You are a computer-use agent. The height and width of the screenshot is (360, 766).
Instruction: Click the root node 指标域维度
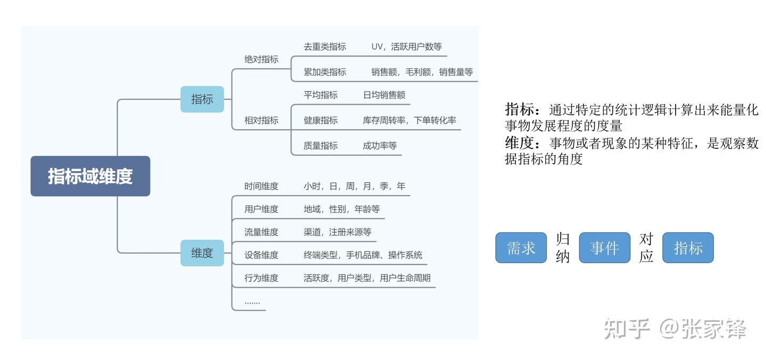(90, 176)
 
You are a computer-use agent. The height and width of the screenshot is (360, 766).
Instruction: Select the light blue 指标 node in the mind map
(202, 99)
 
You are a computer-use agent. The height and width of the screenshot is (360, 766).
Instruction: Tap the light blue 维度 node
(202, 253)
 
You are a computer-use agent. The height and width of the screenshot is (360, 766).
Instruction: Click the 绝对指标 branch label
(261, 60)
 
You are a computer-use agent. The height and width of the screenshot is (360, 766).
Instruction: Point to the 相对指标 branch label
(261, 120)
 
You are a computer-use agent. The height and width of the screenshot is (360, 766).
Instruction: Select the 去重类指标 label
(324, 47)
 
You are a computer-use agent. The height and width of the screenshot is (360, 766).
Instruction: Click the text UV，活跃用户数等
(406, 47)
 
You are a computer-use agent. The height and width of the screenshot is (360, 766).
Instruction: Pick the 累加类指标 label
(324, 72)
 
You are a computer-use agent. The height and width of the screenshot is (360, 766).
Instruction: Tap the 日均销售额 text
(384, 95)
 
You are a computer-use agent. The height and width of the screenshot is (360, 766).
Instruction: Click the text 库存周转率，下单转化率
(409, 120)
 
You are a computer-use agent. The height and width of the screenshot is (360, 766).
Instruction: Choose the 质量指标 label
(320, 146)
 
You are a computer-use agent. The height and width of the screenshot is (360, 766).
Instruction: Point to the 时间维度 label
(261, 186)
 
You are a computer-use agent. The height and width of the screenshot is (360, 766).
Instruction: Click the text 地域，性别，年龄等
(342, 210)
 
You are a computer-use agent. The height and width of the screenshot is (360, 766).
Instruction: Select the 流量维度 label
(261, 232)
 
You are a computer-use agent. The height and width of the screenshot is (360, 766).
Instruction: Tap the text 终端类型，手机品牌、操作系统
(363, 255)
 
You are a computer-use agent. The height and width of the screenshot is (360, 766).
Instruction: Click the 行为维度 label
(261, 278)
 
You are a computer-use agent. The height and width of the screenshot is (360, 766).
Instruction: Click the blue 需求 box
(521, 248)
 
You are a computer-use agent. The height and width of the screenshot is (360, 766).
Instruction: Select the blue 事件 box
(604, 248)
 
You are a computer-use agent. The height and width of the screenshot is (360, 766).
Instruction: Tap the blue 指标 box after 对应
(688, 248)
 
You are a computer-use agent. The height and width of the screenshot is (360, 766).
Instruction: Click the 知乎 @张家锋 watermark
(675, 329)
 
